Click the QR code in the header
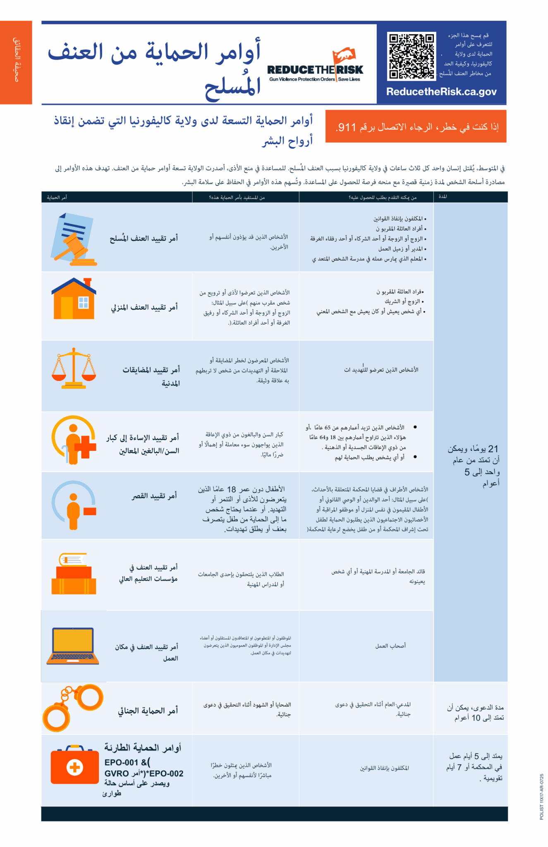(412, 56)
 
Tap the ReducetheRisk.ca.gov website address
(441, 92)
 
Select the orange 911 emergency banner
(416, 127)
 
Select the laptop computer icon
(73, 646)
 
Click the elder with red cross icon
(74, 440)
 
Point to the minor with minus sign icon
(74, 505)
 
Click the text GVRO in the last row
(117, 773)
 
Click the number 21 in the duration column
(493, 449)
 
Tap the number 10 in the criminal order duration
(476, 718)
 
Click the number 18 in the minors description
(232, 489)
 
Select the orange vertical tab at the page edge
(16, 62)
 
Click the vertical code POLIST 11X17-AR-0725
(542, 797)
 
